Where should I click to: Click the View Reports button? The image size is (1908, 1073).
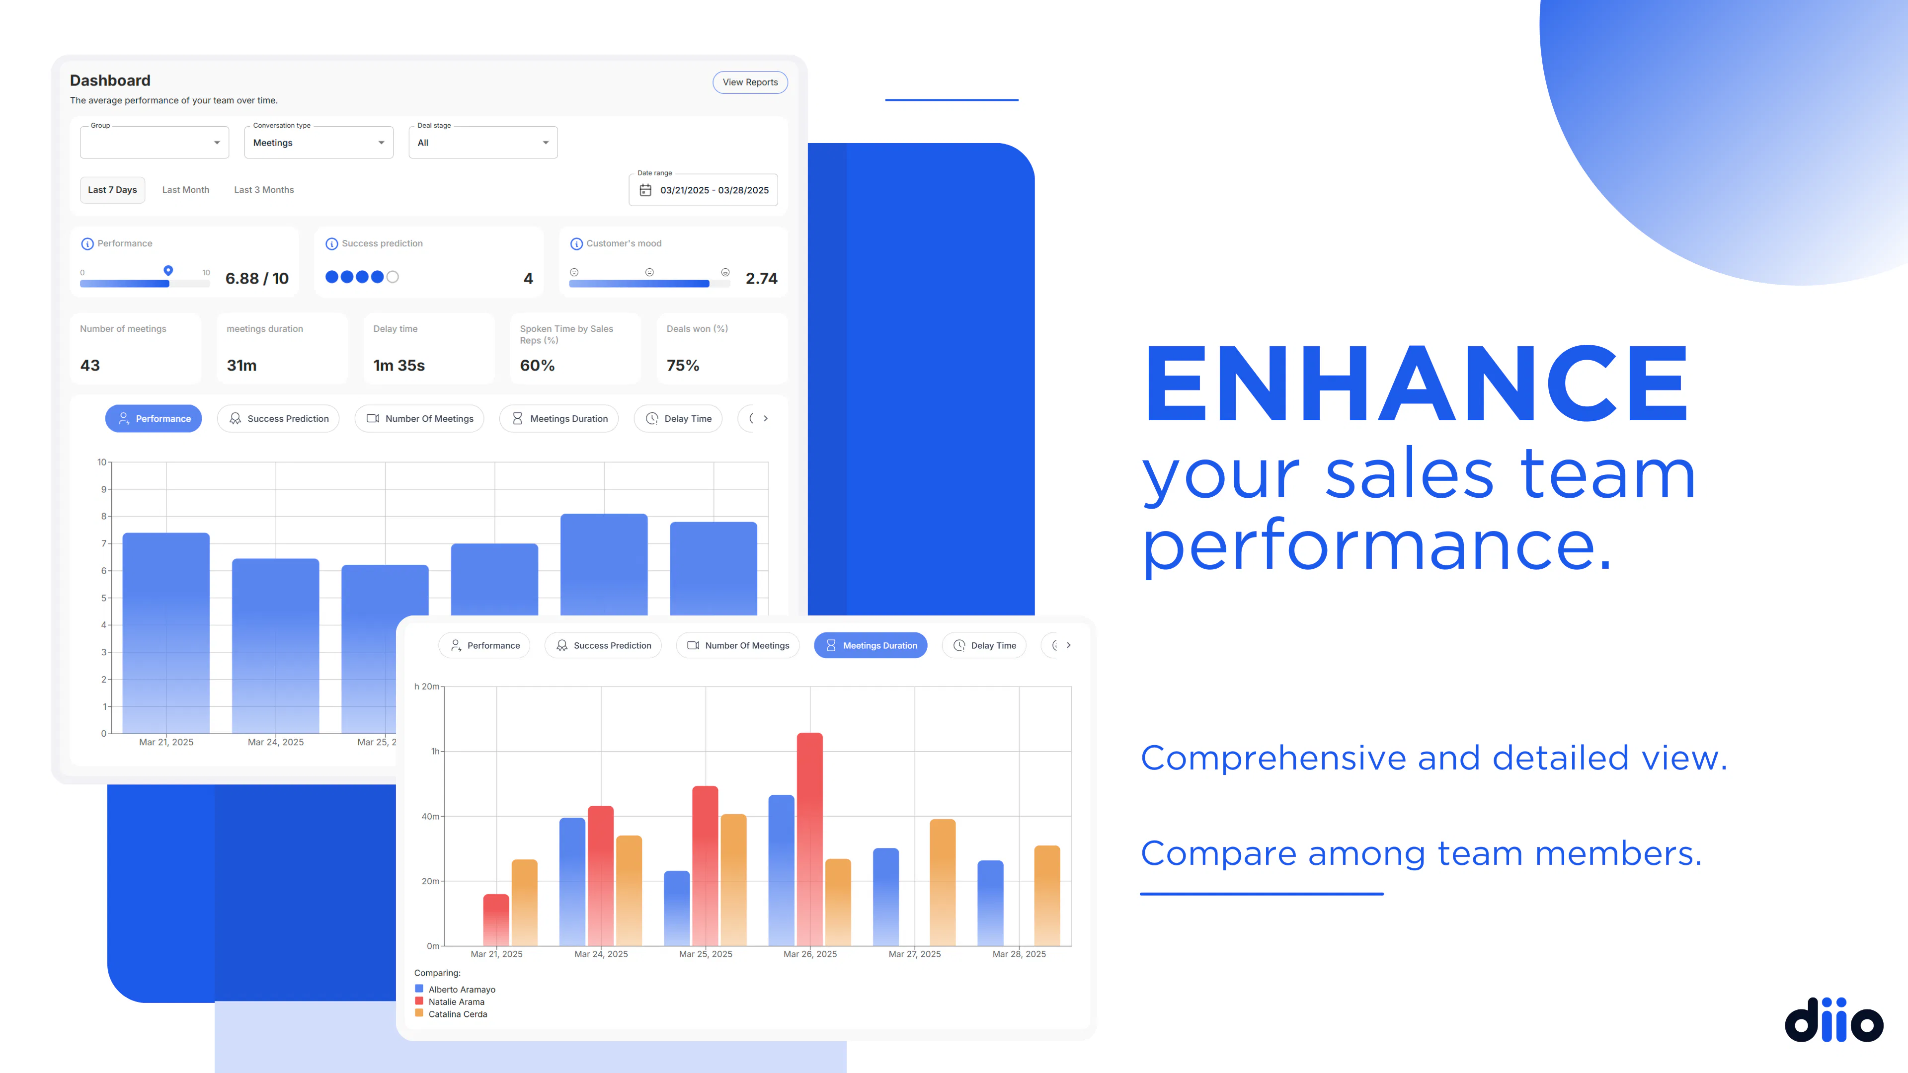tap(750, 82)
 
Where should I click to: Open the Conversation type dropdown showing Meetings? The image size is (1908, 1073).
tap(318, 142)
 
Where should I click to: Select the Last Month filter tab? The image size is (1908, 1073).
tap(186, 190)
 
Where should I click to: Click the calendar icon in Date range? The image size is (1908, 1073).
tap(645, 190)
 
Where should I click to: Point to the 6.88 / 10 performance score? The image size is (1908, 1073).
tap(257, 278)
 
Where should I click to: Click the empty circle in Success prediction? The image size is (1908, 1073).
tap(393, 277)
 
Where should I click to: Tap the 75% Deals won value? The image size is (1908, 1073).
tap(682, 365)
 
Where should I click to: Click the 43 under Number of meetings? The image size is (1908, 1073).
tap(89, 365)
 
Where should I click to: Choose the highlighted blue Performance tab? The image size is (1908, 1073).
tap(154, 418)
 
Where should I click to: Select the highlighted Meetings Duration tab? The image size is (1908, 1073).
tap(871, 645)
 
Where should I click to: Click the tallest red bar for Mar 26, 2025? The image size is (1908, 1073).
tap(809, 839)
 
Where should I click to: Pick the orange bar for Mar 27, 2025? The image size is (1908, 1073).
tap(942, 882)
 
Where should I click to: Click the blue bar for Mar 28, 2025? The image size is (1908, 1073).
tap(990, 903)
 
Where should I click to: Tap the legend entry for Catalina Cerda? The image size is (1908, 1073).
tap(451, 1014)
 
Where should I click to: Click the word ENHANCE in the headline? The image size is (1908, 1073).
tap(1416, 383)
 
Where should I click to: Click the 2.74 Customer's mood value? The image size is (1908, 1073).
tap(761, 278)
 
